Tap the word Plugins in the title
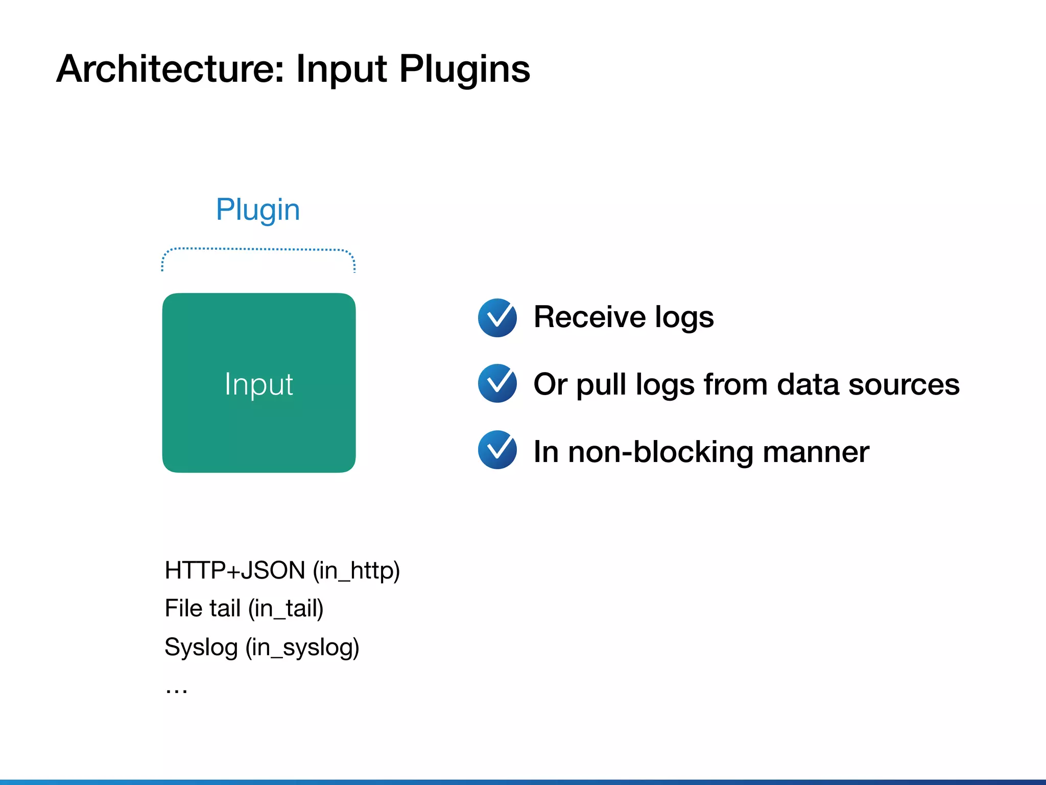pyautogui.click(x=464, y=70)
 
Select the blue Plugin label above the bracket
pyautogui.click(x=258, y=210)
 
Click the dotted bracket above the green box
pyautogui.click(x=258, y=250)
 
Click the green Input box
pyautogui.click(x=259, y=383)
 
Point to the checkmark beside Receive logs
pyautogui.click(x=497, y=318)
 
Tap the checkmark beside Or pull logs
pyautogui.click(x=497, y=383)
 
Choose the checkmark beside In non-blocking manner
pyautogui.click(x=497, y=450)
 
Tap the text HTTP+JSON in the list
pyautogui.click(x=235, y=570)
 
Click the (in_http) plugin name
pyautogui.click(x=356, y=571)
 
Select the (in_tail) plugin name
pyautogui.click(x=286, y=609)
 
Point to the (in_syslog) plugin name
pyautogui.click(x=302, y=648)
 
